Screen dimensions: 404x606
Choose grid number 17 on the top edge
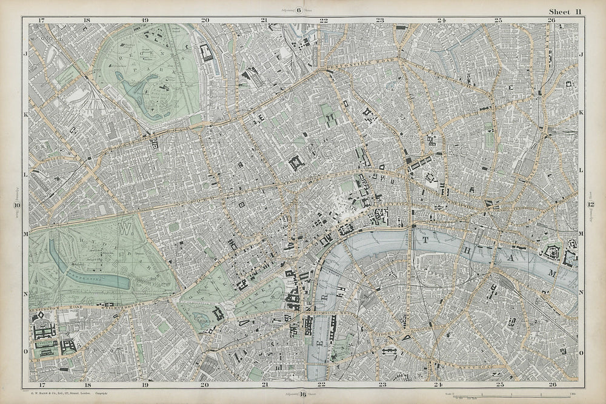point(41,21)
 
